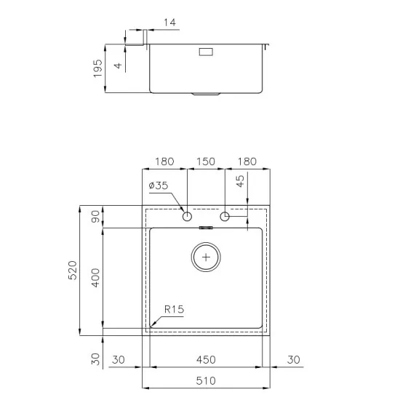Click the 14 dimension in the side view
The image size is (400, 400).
(170, 23)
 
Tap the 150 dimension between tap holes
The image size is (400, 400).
(207, 161)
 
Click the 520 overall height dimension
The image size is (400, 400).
(71, 271)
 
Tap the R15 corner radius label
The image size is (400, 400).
(174, 309)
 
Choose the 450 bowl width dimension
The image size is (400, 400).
(206, 359)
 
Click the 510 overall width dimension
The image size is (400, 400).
(206, 380)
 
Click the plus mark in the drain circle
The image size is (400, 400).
(207, 257)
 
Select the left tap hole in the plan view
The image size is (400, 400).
(187, 216)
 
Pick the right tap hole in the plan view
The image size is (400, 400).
(225, 216)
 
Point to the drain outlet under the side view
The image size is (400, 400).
(207, 94)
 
